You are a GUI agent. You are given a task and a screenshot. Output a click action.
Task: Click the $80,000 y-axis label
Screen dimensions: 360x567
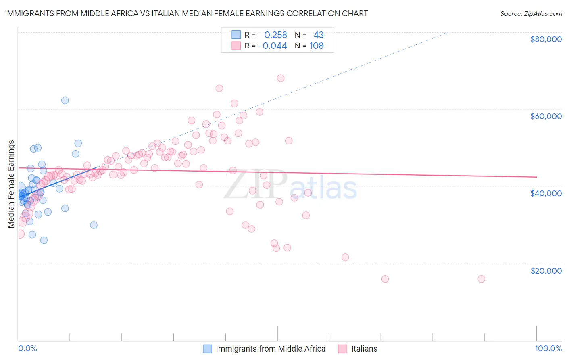tap(546, 39)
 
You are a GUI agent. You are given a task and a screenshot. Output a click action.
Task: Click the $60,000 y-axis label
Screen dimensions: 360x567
tap(546, 116)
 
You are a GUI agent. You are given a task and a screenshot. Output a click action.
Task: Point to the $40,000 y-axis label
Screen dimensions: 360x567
tap(546, 193)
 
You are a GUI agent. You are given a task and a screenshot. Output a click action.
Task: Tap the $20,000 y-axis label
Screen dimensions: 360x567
tap(546, 271)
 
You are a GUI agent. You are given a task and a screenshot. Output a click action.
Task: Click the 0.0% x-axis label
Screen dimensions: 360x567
tap(27, 348)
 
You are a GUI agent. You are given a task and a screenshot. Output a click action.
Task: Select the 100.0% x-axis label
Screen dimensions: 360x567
tap(548, 348)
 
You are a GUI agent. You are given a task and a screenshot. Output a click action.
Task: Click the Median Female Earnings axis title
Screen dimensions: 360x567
tap(11, 184)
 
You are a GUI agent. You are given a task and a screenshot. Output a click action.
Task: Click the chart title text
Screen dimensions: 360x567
tap(186, 13)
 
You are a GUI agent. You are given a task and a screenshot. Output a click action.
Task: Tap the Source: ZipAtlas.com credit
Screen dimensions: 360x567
tap(531, 14)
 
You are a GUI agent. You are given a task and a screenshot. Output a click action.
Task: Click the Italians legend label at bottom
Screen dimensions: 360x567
tap(364, 349)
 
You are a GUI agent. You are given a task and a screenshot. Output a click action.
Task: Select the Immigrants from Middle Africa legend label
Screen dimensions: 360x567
tap(270, 349)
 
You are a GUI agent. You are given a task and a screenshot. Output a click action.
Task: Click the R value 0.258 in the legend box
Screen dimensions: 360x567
tap(275, 35)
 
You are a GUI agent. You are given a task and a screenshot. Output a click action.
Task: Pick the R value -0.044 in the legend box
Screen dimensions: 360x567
tap(273, 46)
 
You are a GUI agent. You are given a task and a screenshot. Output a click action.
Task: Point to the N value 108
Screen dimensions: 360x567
tap(316, 46)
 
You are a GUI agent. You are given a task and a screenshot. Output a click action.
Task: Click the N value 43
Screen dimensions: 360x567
tap(319, 35)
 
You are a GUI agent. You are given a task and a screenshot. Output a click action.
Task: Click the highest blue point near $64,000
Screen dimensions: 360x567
tap(65, 100)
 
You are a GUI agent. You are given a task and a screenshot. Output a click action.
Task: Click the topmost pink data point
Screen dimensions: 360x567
tap(281, 78)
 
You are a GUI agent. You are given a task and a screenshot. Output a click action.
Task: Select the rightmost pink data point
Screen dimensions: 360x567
tap(481, 279)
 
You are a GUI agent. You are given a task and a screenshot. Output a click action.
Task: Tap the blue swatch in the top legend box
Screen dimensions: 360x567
tap(236, 35)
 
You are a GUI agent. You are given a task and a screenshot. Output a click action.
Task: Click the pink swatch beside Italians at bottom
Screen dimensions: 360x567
tap(342, 349)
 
